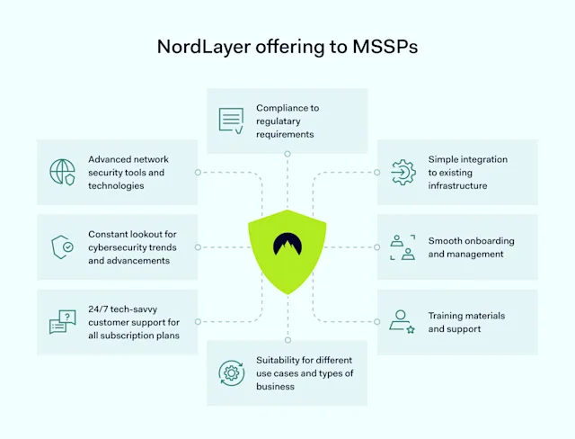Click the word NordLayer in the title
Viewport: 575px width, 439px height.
coord(194,47)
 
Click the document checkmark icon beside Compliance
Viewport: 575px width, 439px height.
coord(231,121)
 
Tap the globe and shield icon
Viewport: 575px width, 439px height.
coord(62,172)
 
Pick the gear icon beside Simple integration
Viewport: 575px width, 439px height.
coord(402,172)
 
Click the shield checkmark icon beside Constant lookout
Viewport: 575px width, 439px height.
coord(62,246)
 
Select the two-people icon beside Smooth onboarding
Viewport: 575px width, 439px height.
coord(402,246)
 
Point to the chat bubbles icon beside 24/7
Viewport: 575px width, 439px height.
coord(62,322)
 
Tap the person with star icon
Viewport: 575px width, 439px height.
coord(402,322)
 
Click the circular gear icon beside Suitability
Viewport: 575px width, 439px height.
coord(231,372)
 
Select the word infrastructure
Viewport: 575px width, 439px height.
coord(457,185)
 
